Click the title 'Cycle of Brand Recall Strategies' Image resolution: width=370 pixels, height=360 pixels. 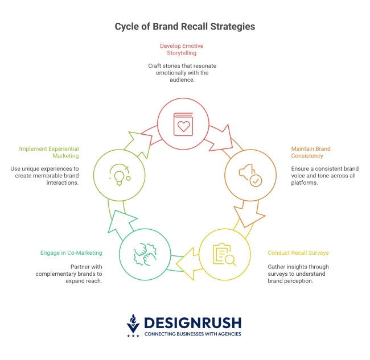[x=185, y=26]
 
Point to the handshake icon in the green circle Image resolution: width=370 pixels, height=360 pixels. [x=144, y=254]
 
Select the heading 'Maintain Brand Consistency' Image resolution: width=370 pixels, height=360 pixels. [x=310, y=152]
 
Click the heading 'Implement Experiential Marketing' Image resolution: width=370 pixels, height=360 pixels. [x=48, y=152]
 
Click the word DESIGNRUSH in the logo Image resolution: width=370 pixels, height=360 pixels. [x=193, y=322]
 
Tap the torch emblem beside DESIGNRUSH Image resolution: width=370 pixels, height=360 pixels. [x=133, y=324]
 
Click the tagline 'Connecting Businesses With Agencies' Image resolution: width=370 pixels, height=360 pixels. [x=193, y=334]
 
